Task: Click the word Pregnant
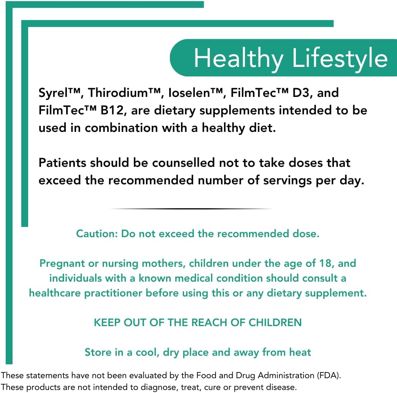point(63,263)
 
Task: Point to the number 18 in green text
point(326,263)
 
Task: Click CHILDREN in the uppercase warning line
point(275,323)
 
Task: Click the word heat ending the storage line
point(300,352)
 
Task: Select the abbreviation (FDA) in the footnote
point(328,376)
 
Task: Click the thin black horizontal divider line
point(192,209)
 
